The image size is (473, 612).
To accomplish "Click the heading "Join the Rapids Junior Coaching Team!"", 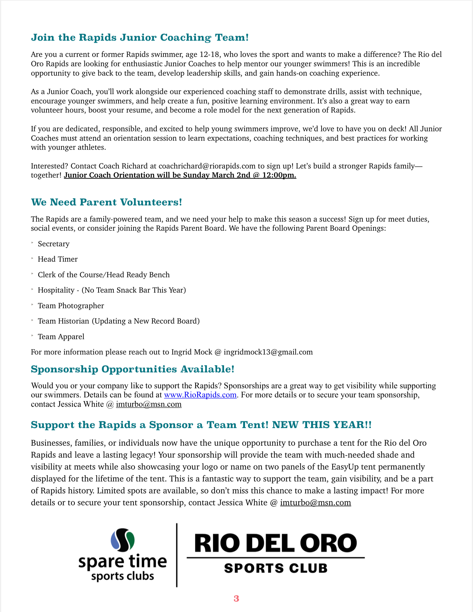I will click(140, 37).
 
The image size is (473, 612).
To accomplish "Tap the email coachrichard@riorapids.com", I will click(207, 166).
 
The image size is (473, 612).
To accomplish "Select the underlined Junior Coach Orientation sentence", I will click(180, 175).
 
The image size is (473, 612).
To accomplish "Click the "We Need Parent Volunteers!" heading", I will click(106, 202).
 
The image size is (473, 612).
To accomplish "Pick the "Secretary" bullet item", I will click(54, 244).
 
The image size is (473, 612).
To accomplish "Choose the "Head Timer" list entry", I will click(58, 259).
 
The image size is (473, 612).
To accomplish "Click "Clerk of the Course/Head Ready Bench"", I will click(104, 275).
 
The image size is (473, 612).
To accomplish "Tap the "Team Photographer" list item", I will click(71, 306).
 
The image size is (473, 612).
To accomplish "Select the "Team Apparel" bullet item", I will click(61, 337).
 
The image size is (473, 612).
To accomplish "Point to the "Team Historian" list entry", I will click(119, 321).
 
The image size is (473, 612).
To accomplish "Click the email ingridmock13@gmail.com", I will click(268, 352).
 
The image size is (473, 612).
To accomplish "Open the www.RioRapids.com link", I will click(200, 395).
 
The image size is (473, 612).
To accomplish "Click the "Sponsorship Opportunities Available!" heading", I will click(132, 369).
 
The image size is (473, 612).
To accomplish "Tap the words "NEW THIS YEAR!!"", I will click(322, 425).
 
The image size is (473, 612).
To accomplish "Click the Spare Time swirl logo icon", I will click(123, 540).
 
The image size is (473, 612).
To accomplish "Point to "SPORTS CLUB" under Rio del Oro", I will click(276, 568).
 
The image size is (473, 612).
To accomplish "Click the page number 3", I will click(236, 599).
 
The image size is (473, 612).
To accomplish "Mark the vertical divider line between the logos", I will click(177, 555).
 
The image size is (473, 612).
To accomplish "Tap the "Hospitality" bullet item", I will click(112, 290).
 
